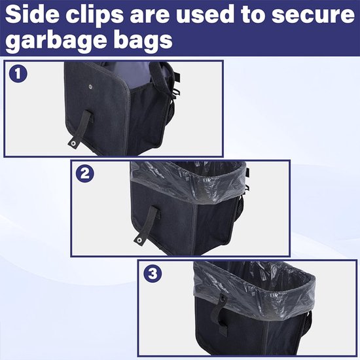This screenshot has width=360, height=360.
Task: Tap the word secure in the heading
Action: pos(313,16)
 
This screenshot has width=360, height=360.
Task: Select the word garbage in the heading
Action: pos(54,41)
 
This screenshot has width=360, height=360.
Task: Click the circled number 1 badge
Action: pos(18,74)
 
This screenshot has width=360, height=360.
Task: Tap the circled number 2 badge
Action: pos(84,173)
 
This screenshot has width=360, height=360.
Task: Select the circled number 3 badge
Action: pos(153,274)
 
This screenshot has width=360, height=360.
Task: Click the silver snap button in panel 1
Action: pos(90,86)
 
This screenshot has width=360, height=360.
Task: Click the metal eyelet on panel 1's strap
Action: pos(73,144)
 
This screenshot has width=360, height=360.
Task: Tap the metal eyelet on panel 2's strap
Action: pos(139,240)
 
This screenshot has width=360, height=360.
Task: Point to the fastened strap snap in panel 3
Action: pos(223,299)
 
